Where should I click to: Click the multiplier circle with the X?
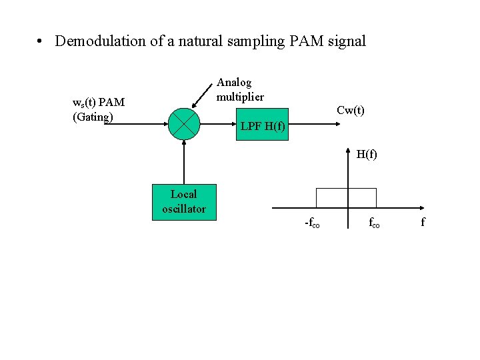tap(183, 123)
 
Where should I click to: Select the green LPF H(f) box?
tap(263, 125)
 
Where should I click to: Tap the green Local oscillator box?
tap(183, 201)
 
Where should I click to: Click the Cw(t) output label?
tap(350, 111)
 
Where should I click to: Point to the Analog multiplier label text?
tap(240, 89)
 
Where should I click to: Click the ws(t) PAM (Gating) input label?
tap(98, 109)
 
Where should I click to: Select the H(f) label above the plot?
tap(366, 155)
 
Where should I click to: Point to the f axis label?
tap(423, 222)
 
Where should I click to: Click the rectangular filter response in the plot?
tap(346, 198)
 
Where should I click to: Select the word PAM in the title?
tap(306, 41)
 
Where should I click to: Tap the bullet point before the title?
tap(41, 41)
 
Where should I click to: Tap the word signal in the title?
tap(346, 41)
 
